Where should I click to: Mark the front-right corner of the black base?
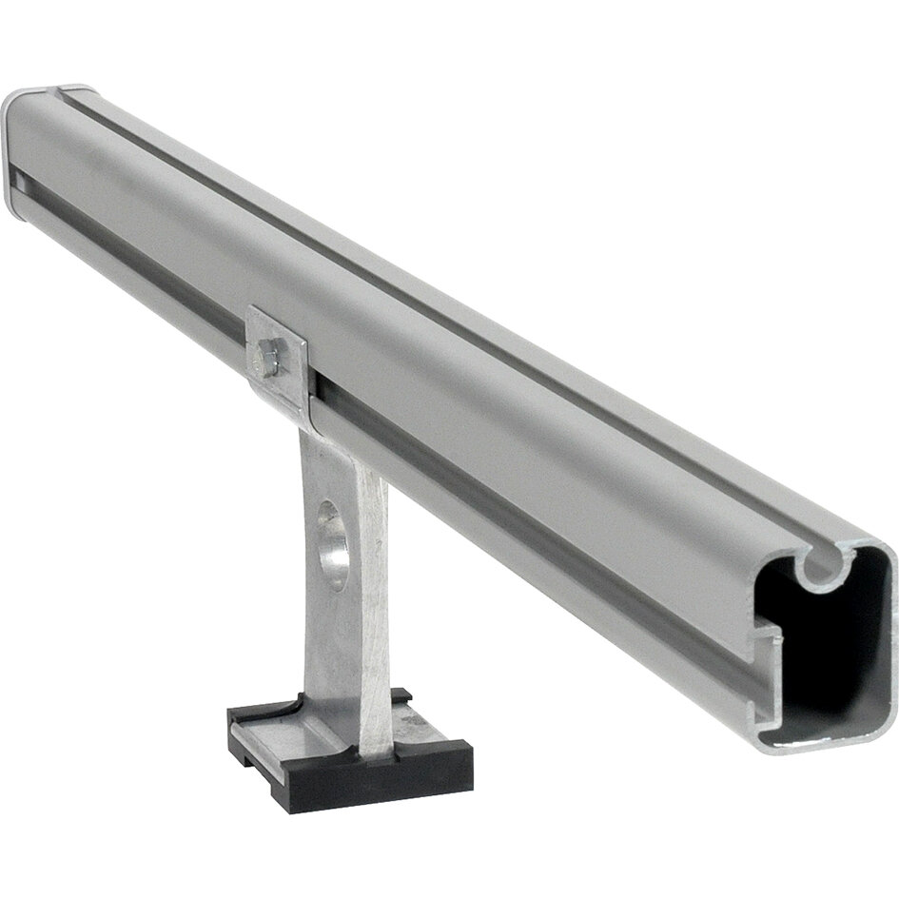(x=466, y=761)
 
